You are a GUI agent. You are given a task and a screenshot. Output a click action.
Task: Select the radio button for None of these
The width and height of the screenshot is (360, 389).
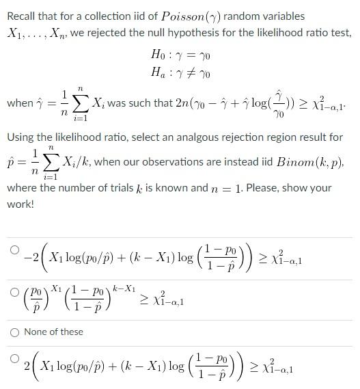point(14,332)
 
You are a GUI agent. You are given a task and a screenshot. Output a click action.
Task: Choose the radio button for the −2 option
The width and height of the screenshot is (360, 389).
point(14,250)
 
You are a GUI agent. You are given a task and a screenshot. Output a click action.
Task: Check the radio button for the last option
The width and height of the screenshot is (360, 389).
point(14,358)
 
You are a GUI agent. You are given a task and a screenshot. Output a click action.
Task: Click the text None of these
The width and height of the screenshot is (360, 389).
point(53,332)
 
